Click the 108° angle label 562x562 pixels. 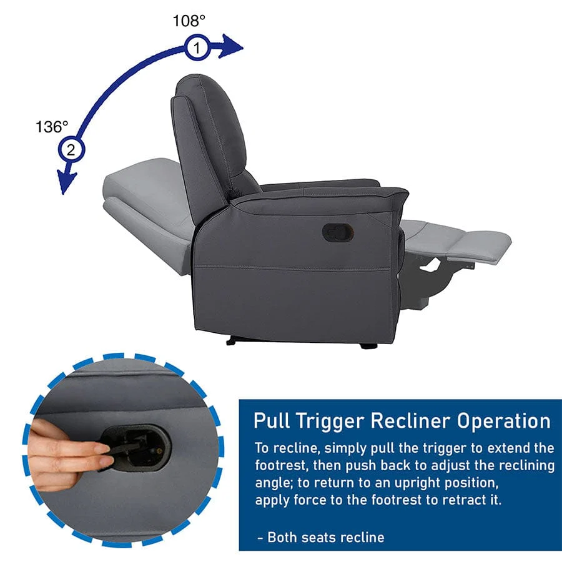coord(189,21)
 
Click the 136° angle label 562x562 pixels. coord(51,127)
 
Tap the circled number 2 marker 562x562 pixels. coord(71,150)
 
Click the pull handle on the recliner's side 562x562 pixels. coord(338,232)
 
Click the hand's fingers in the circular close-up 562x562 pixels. coord(81,453)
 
